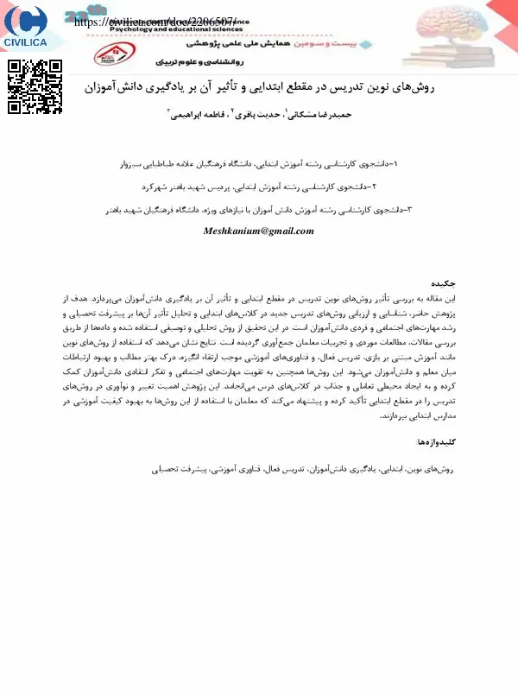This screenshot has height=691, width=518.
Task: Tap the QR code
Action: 35,89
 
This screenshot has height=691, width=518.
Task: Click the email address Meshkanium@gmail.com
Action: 258,231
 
